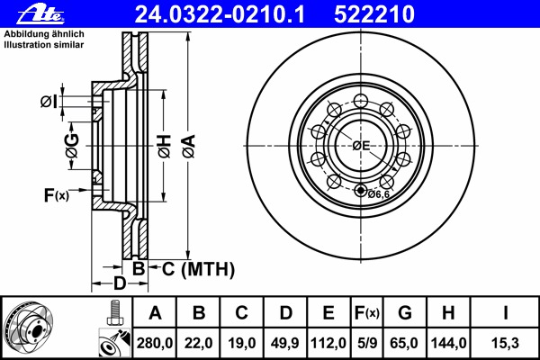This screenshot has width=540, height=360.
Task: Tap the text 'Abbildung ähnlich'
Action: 45,32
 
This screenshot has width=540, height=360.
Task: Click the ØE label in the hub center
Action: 361,146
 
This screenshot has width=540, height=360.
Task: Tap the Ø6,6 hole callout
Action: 378,193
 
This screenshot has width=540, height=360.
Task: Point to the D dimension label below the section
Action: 118,285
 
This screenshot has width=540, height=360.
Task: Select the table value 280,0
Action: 155,343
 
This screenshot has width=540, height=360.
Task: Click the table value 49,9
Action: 285,343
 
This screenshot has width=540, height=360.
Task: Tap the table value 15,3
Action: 505,343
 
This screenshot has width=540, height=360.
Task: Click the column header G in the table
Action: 405,313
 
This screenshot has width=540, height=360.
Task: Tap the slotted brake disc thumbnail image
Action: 35,328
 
